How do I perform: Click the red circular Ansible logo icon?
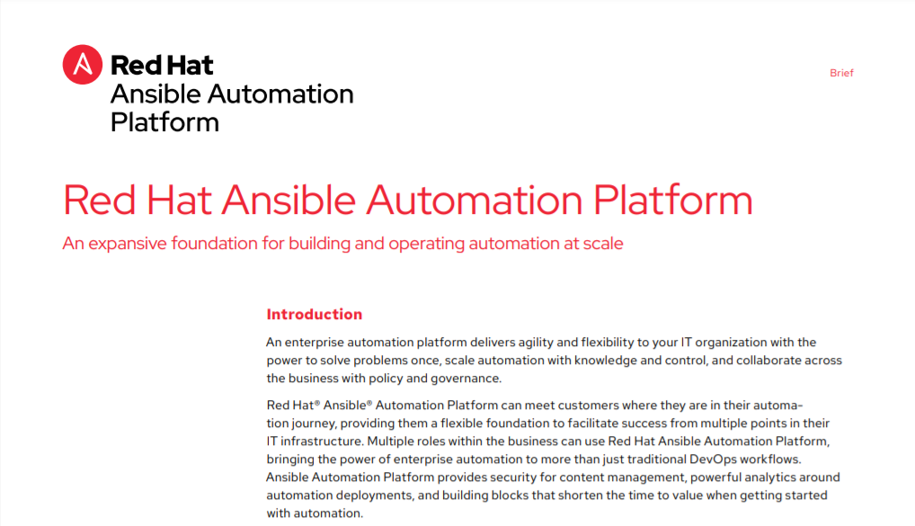[x=83, y=64]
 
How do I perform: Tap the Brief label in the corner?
[x=841, y=73]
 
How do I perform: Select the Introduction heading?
[x=314, y=314]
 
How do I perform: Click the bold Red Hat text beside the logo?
[x=162, y=65]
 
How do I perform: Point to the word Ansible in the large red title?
[x=289, y=201]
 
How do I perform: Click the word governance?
[x=466, y=379]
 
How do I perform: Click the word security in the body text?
[x=513, y=477]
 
